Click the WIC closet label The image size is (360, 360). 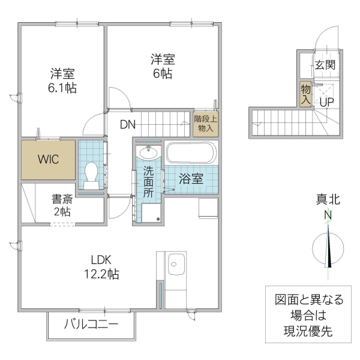click(48, 160)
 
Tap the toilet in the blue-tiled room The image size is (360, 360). click(91, 172)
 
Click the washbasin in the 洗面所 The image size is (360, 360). click(148, 152)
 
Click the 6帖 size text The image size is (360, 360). click(162, 74)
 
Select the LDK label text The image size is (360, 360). click(102, 260)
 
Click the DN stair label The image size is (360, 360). click(127, 125)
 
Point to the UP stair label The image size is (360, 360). click(326, 102)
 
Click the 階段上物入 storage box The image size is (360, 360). click(206, 124)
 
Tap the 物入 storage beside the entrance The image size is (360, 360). click(305, 94)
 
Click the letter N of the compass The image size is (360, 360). click(328, 215)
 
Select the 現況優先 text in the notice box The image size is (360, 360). click(308, 330)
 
